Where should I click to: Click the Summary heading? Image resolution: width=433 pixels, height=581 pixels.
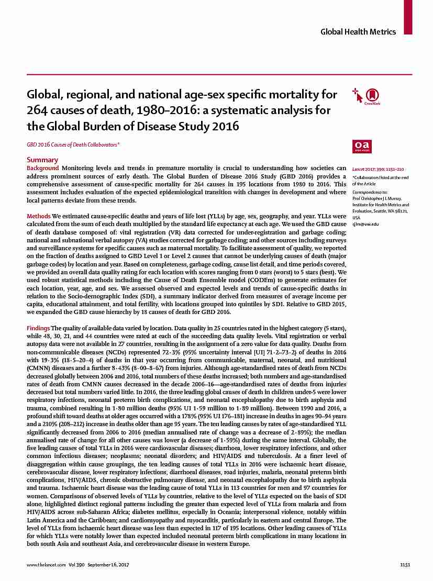click(42, 160)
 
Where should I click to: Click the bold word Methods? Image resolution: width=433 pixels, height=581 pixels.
click(39, 216)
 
